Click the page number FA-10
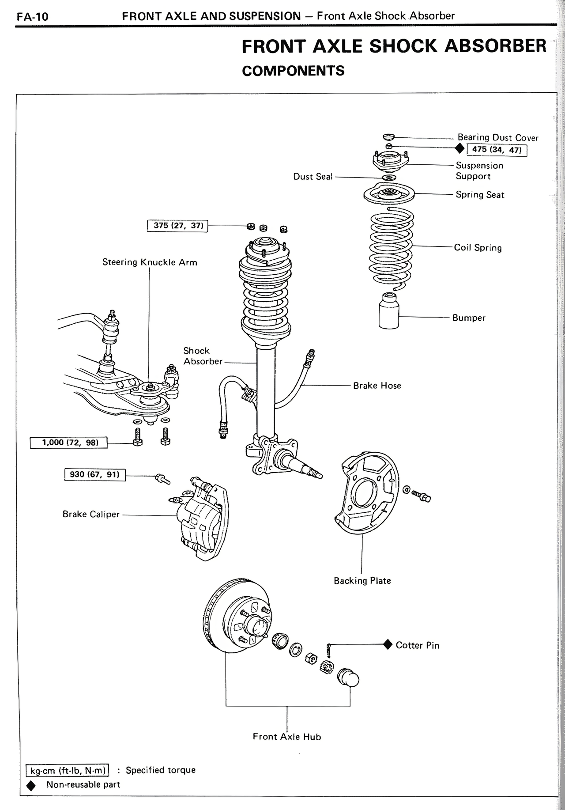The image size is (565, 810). [32, 17]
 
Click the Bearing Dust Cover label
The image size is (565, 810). [497, 137]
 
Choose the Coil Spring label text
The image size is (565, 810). [478, 247]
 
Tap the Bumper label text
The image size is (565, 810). [468, 318]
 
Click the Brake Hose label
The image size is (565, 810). [377, 385]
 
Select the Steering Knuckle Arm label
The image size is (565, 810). [150, 262]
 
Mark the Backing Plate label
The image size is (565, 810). [362, 580]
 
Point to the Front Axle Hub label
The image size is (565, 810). [287, 736]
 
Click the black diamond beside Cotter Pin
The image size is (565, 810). [388, 644]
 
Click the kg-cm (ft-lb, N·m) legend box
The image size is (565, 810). [68, 770]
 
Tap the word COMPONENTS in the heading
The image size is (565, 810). [293, 71]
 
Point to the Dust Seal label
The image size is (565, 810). [313, 177]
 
